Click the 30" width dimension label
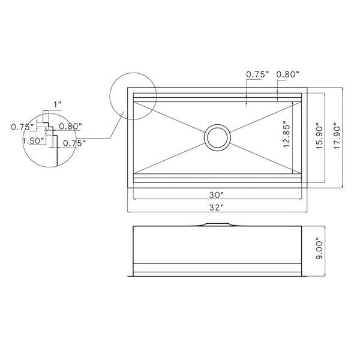pos(217,195)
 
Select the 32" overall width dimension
pos(217,207)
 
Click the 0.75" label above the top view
pos(256,74)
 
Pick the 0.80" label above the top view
pos(287,74)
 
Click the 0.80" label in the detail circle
pos(71,127)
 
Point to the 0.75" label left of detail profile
pos(22,127)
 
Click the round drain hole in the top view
pos(217,137)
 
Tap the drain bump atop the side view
pos(217,225)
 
